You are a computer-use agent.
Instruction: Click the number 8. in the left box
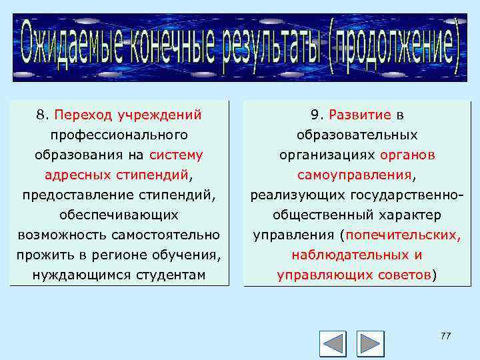(42, 115)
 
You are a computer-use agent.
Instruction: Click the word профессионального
(119, 135)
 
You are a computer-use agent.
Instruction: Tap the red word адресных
(74, 175)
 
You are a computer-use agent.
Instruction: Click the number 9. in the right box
(317, 115)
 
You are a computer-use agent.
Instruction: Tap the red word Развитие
(360, 115)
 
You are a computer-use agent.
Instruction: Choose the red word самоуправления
(355, 175)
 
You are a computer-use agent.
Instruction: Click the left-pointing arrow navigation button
(333, 343)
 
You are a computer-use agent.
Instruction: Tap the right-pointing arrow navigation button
(370, 343)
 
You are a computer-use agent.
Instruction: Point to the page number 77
(445, 336)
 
